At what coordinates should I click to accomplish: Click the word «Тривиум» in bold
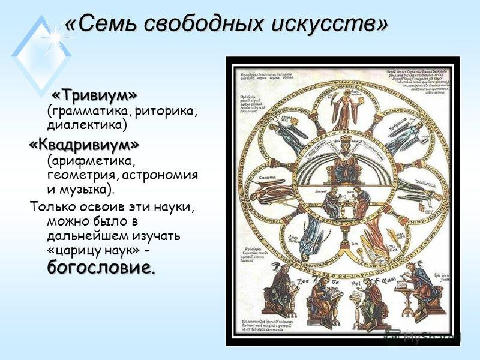[x=94, y=95]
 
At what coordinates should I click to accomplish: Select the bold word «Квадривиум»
[x=83, y=145]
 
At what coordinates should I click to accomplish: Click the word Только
[x=55, y=208]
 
